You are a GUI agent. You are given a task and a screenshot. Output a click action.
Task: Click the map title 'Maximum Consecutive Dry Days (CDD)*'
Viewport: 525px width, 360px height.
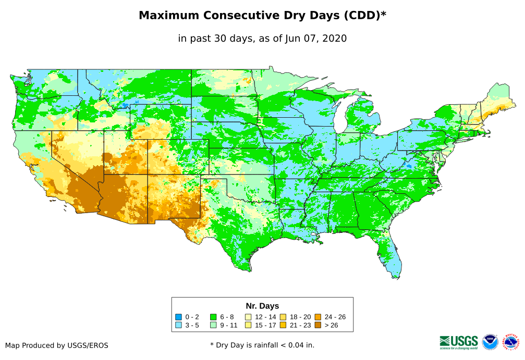pyautogui.click(x=262, y=16)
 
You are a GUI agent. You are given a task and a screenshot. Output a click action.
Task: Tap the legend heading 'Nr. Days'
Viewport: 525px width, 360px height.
pyautogui.click(x=262, y=306)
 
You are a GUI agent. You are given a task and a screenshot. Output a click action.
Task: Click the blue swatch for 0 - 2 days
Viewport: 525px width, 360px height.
pyautogui.click(x=178, y=317)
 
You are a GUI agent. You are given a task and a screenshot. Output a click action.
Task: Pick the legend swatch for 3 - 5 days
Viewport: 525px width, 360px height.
pyautogui.click(x=178, y=326)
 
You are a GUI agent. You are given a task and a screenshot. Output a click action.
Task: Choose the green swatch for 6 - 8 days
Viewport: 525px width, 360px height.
pyautogui.click(x=213, y=317)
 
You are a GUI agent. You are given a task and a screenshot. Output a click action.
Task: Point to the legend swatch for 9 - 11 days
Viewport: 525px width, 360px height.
pyautogui.click(x=213, y=326)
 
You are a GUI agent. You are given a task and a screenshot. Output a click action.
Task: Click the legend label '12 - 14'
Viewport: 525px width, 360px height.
pyautogui.click(x=266, y=317)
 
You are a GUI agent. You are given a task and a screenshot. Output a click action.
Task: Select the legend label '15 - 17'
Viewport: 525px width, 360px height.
pyautogui.click(x=266, y=326)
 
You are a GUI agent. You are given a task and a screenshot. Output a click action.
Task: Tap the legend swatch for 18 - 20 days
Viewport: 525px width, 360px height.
pyautogui.click(x=283, y=317)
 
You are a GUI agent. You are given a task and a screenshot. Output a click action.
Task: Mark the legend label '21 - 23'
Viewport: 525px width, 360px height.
pyautogui.click(x=300, y=326)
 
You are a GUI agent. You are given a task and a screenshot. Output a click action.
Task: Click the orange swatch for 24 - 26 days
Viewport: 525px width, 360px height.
pyautogui.click(x=318, y=317)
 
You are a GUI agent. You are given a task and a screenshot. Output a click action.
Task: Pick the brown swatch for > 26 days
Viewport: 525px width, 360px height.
pyautogui.click(x=318, y=326)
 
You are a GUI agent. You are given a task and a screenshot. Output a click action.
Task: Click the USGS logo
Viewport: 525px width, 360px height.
pyautogui.click(x=459, y=342)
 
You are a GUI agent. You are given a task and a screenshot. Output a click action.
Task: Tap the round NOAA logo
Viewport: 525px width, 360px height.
pyautogui.click(x=490, y=342)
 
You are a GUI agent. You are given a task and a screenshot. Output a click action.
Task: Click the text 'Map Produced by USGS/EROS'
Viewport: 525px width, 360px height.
pyautogui.click(x=57, y=345)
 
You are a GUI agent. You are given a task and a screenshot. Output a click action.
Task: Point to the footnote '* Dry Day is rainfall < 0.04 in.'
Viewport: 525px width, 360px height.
pyautogui.click(x=262, y=345)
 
